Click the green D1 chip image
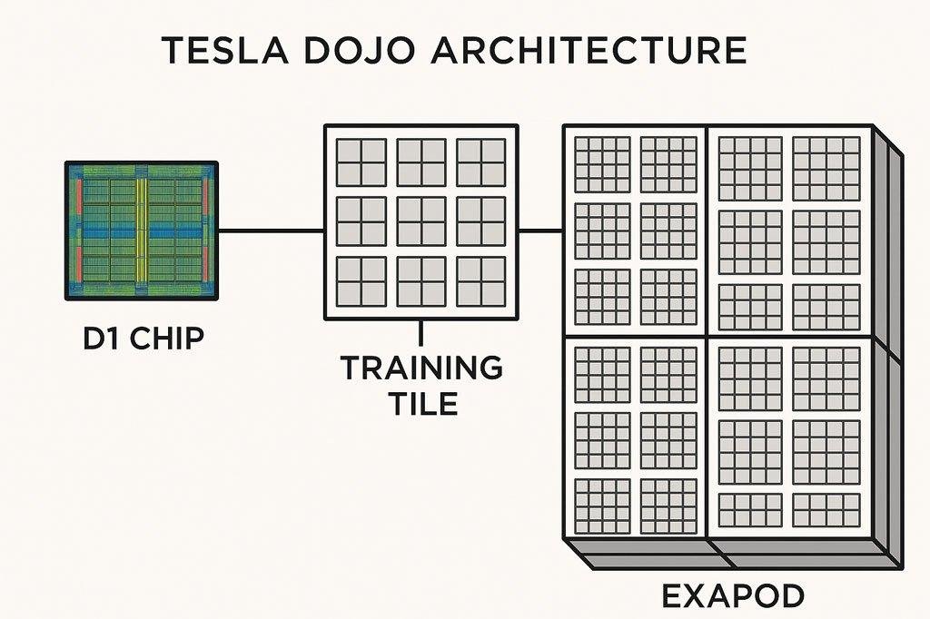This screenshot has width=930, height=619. (x=142, y=231)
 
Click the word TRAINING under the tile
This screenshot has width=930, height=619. (x=421, y=368)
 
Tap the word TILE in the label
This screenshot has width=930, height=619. (x=422, y=403)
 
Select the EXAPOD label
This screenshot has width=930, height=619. (x=731, y=596)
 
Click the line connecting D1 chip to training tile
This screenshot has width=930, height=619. (x=271, y=231)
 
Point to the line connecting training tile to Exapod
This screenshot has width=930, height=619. (x=540, y=231)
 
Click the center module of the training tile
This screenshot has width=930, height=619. (x=421, y=221)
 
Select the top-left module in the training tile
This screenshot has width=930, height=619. (x=361, y=162)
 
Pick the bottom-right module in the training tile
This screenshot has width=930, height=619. (x=481, y=281)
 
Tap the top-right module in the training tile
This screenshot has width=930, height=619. (x=481, y=162)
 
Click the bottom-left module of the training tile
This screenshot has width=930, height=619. (x=361, y=281)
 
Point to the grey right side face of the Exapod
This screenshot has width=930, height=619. (x=887, y=345)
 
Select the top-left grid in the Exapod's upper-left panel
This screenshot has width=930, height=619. (x=602, y=163)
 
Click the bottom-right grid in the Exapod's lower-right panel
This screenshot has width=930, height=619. (x=826, y=510)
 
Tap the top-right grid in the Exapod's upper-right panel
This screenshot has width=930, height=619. (x=826, y=169)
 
